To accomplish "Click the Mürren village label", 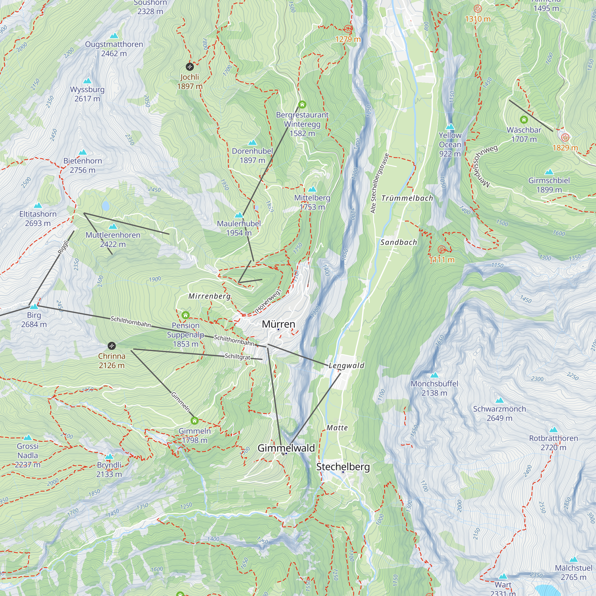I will (278, 324).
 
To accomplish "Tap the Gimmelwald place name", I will (286, 448).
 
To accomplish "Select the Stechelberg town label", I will (343, 467).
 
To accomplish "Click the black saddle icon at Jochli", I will (190, 66).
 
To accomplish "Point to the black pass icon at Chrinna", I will (112, 345).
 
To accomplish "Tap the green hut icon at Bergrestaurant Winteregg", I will (302, 105).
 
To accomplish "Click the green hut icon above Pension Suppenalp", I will (185, 315).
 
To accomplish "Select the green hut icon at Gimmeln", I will (194, 420).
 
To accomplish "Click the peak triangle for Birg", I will (34, 306).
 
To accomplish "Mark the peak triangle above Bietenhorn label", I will (83, 152).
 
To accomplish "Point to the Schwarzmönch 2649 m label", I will (499, 413).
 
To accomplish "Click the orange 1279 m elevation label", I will (348, 39).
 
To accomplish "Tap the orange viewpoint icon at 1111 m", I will (442, 249).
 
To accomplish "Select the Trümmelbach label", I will (407, 198).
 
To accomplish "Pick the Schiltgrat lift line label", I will (237, 356).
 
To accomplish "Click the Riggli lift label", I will (63, 247).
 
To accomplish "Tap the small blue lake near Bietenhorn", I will (105, 205).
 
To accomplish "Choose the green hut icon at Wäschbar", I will (524, 119).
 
